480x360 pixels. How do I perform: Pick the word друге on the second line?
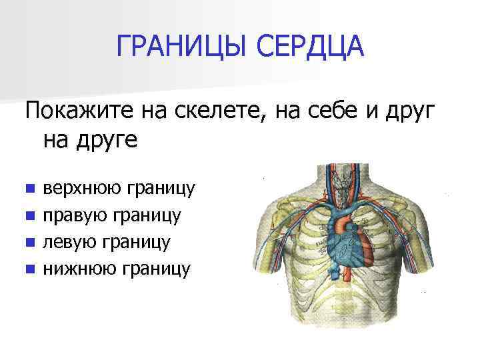tap(109, 140)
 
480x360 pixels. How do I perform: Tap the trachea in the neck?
tap(343, 180)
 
